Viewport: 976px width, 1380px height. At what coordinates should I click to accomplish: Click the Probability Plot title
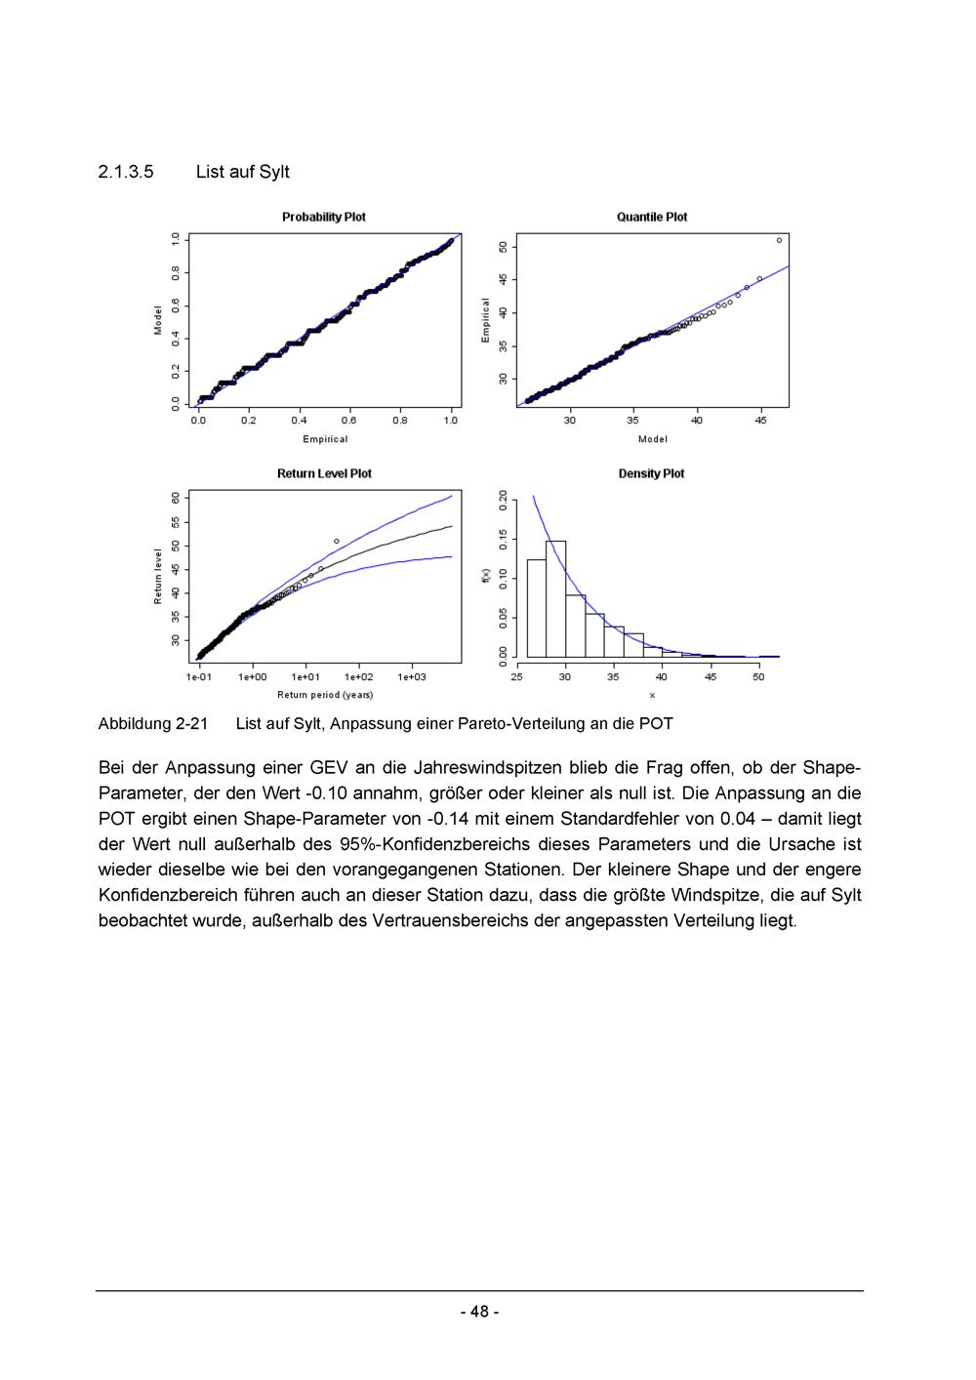coord(323,217)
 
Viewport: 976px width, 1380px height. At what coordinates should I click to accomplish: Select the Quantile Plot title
coord(651,217)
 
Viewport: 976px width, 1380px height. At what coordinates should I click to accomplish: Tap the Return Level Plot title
coord(324,473)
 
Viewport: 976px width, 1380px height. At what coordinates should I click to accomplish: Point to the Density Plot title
coord(651,473)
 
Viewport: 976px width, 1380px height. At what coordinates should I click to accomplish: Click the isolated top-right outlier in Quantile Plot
coord(779,240)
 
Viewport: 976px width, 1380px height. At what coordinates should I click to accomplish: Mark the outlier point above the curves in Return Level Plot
coord(336,541)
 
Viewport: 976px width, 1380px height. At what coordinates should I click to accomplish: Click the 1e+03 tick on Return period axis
coord(411,676)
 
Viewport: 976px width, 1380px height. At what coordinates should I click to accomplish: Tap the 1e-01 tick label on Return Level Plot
coord(198,676)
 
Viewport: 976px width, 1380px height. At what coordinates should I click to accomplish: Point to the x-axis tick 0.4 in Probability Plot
coord(299,421)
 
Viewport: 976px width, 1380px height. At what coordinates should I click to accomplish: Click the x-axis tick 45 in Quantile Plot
coord(760,421)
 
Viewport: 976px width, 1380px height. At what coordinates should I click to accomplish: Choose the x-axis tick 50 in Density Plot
coord(758,676)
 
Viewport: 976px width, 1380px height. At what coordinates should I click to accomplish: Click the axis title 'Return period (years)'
coord(325,695)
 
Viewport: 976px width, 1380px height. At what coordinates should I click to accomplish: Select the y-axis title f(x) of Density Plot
coord(486,576)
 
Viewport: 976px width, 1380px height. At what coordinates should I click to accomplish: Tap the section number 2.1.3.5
coord(126,172)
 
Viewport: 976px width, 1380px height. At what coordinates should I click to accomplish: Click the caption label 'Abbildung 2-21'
coord(153,724)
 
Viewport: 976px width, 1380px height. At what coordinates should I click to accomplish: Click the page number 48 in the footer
coord(479,1312)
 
